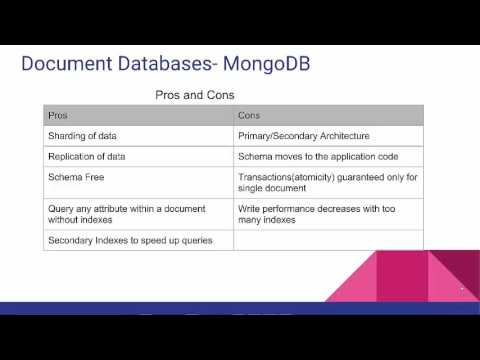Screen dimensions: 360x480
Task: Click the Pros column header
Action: click(58, 116)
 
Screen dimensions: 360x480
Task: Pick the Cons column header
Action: click(249, 116)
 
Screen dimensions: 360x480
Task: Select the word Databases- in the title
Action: click(163, 66)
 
